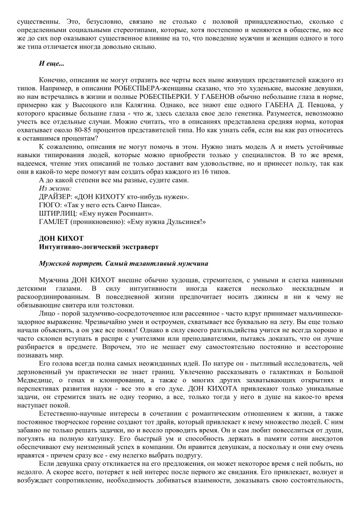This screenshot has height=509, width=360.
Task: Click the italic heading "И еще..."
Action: coord(52,64)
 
